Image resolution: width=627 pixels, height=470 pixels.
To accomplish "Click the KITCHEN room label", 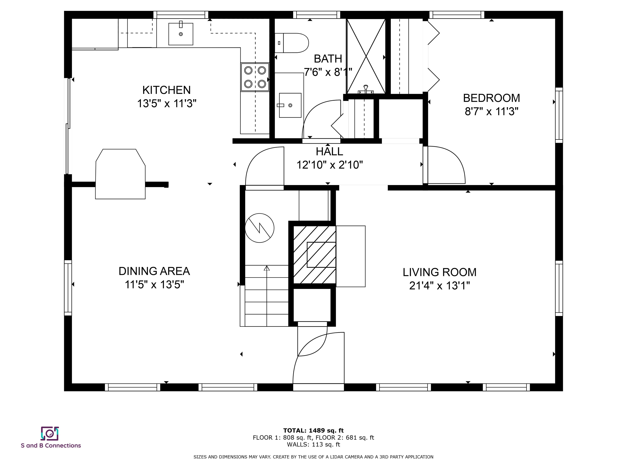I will (166, 90).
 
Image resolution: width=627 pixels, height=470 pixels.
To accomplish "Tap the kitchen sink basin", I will (181, 34).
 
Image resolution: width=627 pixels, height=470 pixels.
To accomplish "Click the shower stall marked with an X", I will (366, 56).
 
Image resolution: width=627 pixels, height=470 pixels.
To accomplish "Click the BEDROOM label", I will (491, 98).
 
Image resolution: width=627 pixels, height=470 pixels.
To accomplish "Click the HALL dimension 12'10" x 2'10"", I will (329, 165).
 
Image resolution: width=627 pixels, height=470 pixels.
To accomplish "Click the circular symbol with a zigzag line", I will (259, 228).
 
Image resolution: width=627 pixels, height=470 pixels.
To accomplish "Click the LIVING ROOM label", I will (439, 272).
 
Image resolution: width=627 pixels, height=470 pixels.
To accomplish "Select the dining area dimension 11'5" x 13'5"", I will (154, 284).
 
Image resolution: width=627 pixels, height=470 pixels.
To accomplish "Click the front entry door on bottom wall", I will (318, 387).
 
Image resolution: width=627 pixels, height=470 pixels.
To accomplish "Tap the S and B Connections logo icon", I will (50, 433).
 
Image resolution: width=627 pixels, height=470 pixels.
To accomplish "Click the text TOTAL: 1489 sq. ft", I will (313, 431).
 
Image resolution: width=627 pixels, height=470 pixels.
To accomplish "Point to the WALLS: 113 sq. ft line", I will (313, 445).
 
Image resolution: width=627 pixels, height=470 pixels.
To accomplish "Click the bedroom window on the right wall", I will (559, 115).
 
